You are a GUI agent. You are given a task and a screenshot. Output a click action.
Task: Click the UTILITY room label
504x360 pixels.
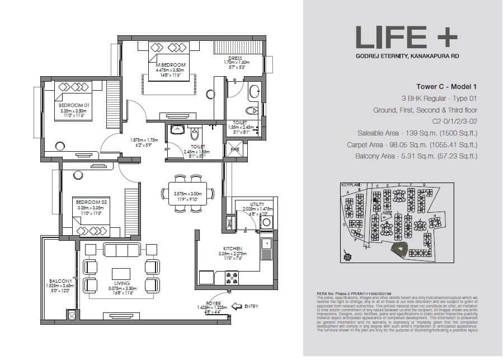(x=257, y=205)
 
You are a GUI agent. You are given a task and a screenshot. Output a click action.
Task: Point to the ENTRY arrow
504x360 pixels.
(x=237, y=306)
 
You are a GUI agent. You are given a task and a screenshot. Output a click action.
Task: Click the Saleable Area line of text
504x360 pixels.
(x=417, y=133)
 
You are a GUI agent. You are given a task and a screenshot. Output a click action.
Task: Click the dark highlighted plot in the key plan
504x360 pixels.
(x=401, y=251)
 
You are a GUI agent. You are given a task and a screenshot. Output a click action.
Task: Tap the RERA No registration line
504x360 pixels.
(x=346, y=293)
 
